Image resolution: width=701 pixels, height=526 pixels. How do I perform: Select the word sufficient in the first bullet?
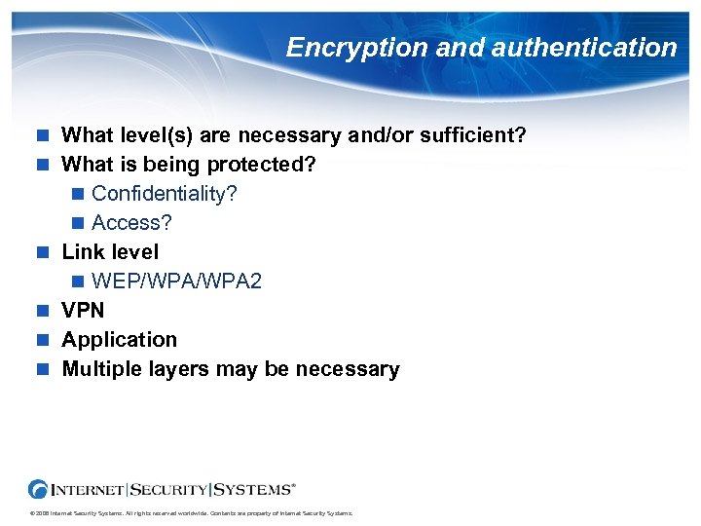point(473,134)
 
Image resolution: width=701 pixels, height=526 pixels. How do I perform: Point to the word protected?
point(265,164)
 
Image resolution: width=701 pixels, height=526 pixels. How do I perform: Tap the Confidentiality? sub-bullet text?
point(165,193)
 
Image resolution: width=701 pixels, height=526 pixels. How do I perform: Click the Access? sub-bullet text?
point(131,222)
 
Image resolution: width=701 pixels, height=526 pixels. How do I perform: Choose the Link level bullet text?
point(110,251)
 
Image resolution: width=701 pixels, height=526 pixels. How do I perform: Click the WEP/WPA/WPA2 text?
point(176,281)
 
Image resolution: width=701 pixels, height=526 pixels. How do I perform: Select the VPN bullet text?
point(83,310)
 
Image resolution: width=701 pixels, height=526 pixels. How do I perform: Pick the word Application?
point(120,339)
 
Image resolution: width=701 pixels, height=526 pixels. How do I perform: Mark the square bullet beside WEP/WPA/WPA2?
point(78,282)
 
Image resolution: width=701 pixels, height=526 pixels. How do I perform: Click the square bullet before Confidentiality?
point(78,194)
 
